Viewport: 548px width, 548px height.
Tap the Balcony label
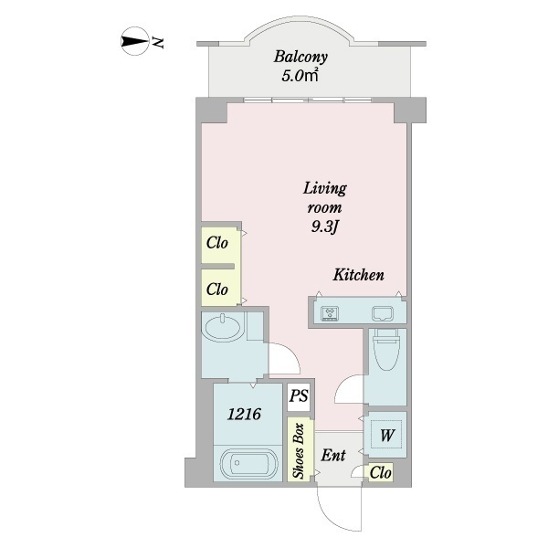[300, 57]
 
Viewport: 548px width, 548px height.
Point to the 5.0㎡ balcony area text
[300, 76]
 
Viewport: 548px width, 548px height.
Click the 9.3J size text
[324, 227]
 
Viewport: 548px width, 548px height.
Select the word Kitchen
[358, 275]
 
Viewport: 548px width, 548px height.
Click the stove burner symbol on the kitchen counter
[330, 313]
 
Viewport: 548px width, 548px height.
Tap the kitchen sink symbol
[383, 313]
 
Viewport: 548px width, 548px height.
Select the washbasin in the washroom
[223, 328]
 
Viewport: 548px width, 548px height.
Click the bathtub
[248, 463]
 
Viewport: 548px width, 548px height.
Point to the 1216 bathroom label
[244, 414]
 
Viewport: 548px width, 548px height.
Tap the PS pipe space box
[299, 397]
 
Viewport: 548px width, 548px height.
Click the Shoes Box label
[299, 450]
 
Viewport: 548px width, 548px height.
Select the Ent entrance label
[333, 455]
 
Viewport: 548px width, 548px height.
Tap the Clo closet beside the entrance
[380, 473]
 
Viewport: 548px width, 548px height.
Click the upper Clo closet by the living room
[217, 243]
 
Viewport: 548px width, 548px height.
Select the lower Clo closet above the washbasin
[217, 290]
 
